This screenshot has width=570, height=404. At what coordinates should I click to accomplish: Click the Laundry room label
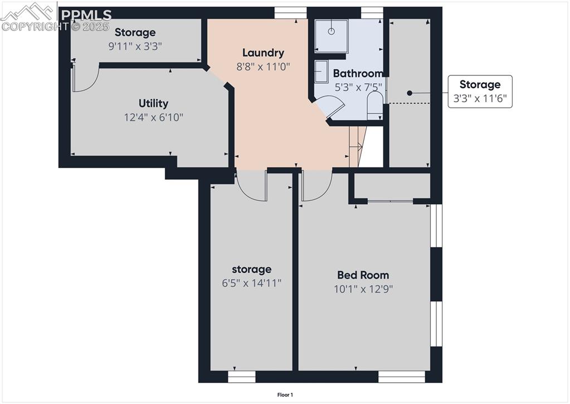pyautogui.click(x=263, y=53)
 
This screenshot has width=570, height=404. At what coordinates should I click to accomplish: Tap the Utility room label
pyautogui.click(x=153, y=103)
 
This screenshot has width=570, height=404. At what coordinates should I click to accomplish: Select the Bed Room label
pyautogui.click(x=363, y=275)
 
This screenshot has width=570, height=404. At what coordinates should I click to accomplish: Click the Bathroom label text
pyautogui.click(x=358, y=74)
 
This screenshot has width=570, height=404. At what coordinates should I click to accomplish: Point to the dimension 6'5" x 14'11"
pyautogui.click(x=251, y=283)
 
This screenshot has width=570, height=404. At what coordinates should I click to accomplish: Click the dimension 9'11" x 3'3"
pyautogui.click(x=135, y=46)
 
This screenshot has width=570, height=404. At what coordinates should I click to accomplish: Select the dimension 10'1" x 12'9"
pyautogui.click(x=363, y=289)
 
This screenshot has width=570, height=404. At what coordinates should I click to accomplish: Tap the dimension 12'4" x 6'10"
pyautogui.click(x=153, y=117)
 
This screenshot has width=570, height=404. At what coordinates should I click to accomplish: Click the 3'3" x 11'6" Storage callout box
pyautogui.click(x=480, y=92)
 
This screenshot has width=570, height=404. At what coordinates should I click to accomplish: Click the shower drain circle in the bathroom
pyautogui.click(x=331, y=31)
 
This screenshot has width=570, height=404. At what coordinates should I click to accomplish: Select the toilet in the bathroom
pyautogui.click(x=375, y=105)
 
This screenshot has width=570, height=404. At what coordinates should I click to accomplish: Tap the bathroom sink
pyautogui.click(x=320, y=71)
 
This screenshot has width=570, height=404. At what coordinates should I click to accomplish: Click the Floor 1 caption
pyautogui.click(x=285, y=395)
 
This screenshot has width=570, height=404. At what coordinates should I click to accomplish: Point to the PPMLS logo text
pyautogui.click(x=86, y=15)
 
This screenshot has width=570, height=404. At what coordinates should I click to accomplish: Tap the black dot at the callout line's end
pyautogui.click(x=410, y=93)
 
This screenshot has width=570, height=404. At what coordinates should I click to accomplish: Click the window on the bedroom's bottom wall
pyautogui.click(x=402, y=377)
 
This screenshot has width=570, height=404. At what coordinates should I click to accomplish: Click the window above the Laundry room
pyautogui.click(x=291, y=13)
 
